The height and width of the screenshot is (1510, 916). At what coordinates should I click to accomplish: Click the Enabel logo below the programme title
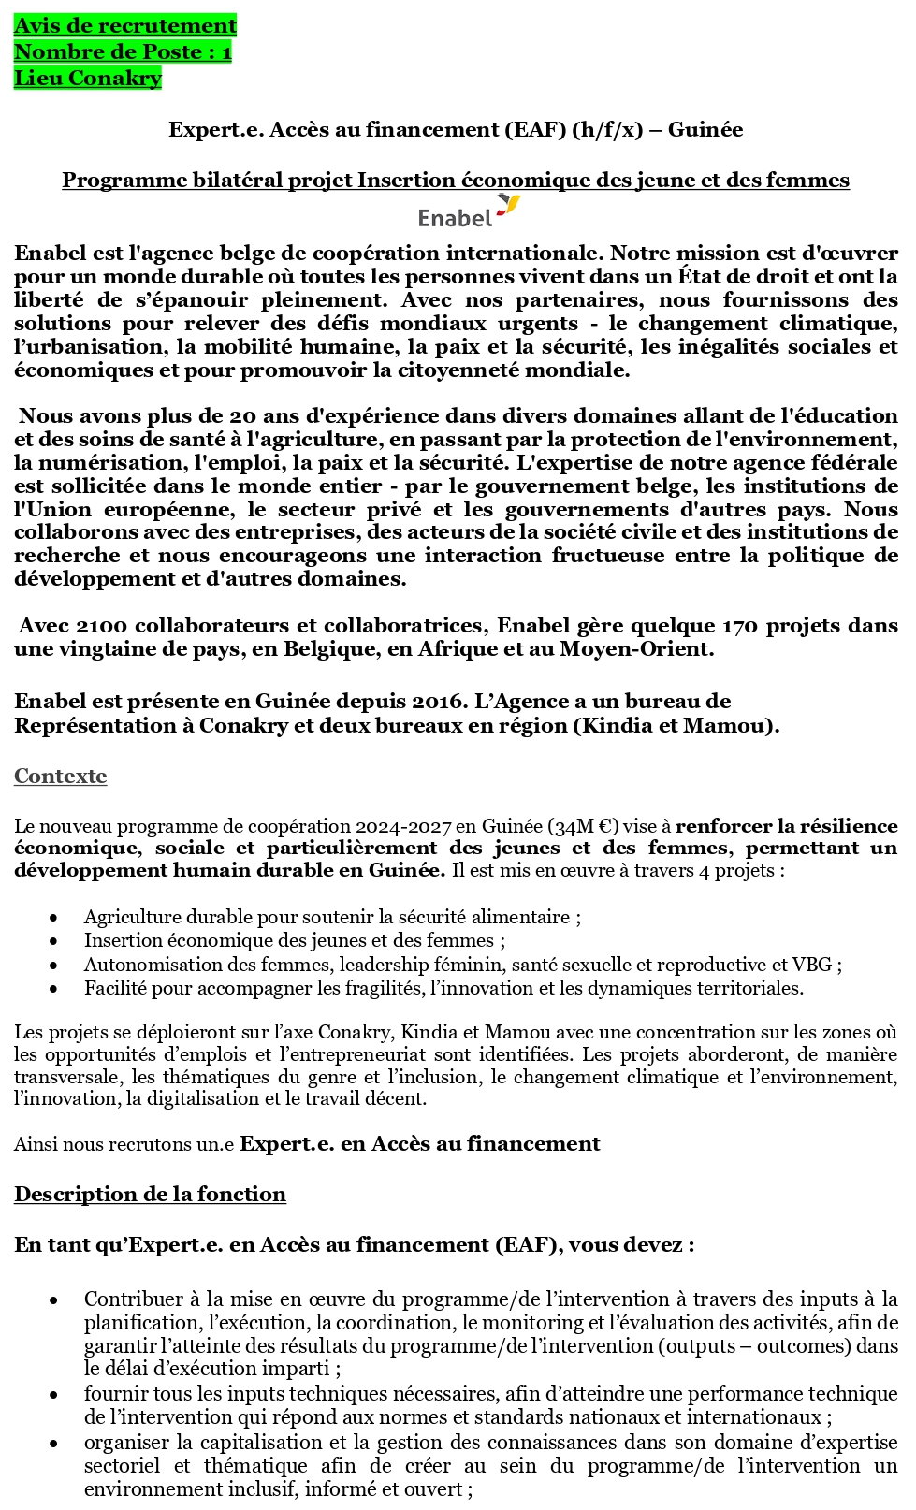click(468, 212)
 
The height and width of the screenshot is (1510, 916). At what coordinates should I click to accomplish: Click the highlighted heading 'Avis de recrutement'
click(125, 25)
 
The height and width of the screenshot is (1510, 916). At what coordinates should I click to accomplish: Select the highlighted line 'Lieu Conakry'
click(88, 78)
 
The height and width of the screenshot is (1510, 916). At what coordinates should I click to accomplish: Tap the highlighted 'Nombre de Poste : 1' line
click(123, 51)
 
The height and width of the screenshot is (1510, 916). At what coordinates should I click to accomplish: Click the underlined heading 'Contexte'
click(60, 777)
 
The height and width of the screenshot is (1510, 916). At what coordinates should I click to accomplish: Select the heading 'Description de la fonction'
click(150, 1195)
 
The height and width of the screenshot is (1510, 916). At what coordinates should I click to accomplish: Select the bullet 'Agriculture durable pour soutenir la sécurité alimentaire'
click(331, 918)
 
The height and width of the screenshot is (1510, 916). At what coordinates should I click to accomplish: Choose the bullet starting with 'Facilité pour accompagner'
click(443, 988)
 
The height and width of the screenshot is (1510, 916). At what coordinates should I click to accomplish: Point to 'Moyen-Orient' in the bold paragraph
click(635, 649)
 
